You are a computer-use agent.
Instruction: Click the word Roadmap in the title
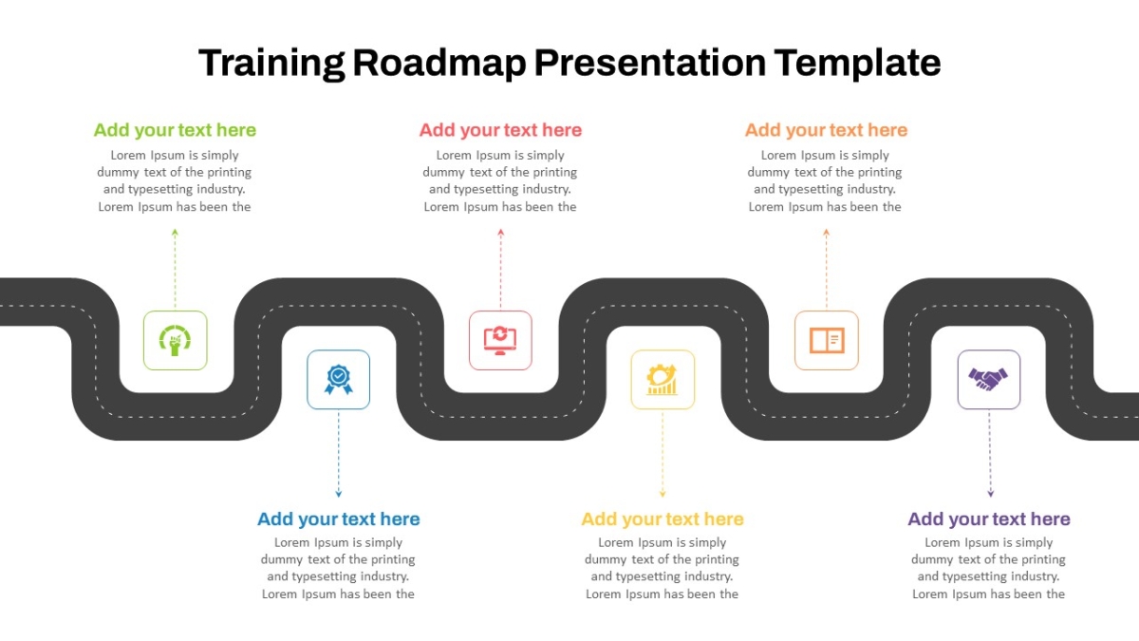[x=439, y=63]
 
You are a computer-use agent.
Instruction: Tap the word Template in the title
[x=857, y=63]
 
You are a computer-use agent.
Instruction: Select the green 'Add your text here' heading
[x=175, y=130]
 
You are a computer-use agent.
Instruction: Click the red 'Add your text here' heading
[x=500, y=130]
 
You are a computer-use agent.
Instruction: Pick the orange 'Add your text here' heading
[x=827, y=130]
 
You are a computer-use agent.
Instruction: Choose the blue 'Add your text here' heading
[x=339, y=518]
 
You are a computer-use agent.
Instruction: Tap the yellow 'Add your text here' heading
[x=663, y=518]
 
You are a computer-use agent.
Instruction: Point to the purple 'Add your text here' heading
[x=989, y=518]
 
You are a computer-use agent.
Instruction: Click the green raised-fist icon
[x=175, y=340]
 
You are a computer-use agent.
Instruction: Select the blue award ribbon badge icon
[x=339, y=380]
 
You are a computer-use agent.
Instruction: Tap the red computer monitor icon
[x=500, y=340]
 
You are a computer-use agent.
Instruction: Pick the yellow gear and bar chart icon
[x=663, y=380]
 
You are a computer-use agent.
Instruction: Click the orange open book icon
[x=827, y=340]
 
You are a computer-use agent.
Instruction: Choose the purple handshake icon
[x=988, y=380]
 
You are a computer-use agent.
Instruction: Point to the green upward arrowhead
[x=175, y=233]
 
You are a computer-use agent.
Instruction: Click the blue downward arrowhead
[x=339, y=494]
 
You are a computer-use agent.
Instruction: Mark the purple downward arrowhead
[x=991, y=494]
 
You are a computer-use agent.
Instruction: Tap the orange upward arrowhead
[x=827, y=233]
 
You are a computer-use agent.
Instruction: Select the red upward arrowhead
[x=501, y=233]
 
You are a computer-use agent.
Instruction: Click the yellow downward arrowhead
[x=663, y=494]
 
